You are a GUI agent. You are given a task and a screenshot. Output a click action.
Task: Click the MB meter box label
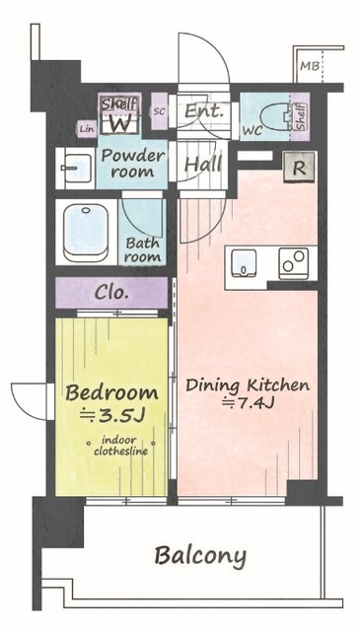pyautogui.click(x=310, y=66)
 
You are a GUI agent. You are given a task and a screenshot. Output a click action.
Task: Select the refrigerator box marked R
pyautogui.click(x=299, y=168)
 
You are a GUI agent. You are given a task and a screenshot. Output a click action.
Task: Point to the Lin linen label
pyautogui.click(x=87, y=129)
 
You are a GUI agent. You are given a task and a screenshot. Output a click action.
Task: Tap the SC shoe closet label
pyautogui.click(x=160, y=111)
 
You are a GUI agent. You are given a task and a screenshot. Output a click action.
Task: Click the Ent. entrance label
pyautogui.click(x=204, y=110)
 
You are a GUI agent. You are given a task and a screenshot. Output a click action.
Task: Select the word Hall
pyautogui.click(x=203, y=164)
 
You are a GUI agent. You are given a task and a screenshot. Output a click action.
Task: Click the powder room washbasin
pyautogui.click(x=77, y=169)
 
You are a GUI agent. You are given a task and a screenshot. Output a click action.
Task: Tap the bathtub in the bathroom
pyautogui.click(x=86, y=233)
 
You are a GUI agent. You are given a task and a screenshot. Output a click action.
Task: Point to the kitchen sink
pyautogui.click(x=243, y=263)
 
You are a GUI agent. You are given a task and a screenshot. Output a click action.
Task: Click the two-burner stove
pyautogui.click(x=294, y=263)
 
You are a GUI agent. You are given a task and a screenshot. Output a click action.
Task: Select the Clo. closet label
pyautogui.click(x=111, y=293)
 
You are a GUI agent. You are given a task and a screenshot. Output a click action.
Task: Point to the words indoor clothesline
pyautogui.click(x=120, y=446)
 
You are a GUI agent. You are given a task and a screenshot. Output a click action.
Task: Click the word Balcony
pyautogui.click(x=200, y=557)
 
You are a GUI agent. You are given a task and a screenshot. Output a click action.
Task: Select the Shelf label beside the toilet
pyautogui.click(x=301, y=116)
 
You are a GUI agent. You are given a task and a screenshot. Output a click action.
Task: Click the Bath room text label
pyautogui.click(x=142, y=249)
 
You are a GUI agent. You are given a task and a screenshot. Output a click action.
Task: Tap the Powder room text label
pyautogui.click(x=132, y=164)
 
